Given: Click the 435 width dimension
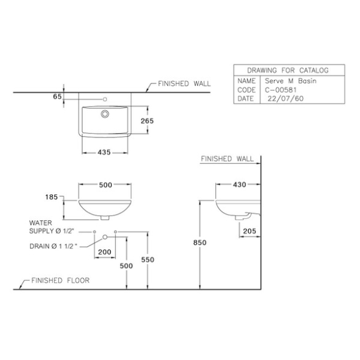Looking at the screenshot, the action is coord(104,152).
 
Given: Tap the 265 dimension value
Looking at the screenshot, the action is coord(147,121).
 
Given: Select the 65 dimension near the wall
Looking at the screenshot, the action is coord(58,96).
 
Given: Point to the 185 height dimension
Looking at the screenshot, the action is coord(52,197).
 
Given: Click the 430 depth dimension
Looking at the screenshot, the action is coord(239,185).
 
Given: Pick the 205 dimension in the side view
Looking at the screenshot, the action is coord(250,231).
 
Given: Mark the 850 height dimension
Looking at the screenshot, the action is coord(200,242).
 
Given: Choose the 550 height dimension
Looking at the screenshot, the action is coord(148,259).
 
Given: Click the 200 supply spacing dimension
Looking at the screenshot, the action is coord(105,252).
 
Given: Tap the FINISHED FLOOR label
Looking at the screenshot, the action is coord(60,280).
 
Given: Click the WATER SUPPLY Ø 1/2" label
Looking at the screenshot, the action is coord(52,227).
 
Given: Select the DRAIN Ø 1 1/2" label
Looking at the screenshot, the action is coord(53,246).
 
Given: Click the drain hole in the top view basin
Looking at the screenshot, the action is coord(105,114).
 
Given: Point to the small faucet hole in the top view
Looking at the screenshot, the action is coord(105,99).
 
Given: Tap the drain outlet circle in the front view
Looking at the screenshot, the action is coord(105,237).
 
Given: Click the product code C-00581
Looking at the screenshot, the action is coord(281,90).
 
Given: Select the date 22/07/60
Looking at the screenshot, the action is coord(285,99).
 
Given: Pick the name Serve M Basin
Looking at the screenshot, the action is coord(291,81).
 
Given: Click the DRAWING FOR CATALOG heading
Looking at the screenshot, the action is coord(288,71).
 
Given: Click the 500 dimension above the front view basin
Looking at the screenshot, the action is coord(105,185).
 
